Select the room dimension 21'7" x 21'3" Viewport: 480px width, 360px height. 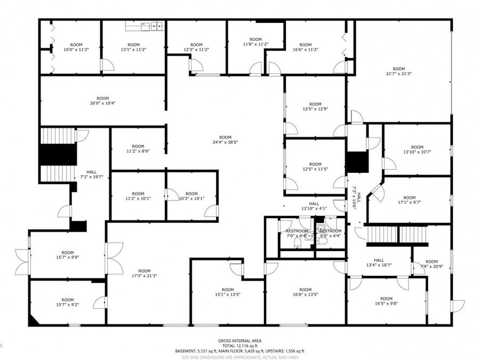coord(398,72)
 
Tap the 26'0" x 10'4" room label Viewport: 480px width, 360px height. coord(102,101)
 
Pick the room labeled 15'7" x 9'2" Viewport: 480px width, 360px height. coord(67,302)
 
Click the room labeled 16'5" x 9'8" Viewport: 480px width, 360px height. coord(386,302)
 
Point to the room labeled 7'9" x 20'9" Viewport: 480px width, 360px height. coord(431,265)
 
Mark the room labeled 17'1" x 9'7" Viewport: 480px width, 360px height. coord(409,201)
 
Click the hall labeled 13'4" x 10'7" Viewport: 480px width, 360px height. coord(379,263)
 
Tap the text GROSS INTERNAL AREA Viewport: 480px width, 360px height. coord(239,340)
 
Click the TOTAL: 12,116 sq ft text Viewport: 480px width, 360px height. coord(239,346)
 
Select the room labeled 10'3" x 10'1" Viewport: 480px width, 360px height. coord(191,196)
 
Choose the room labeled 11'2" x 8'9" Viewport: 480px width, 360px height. coord(138,149)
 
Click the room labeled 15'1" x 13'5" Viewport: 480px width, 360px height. coord(228,292)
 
